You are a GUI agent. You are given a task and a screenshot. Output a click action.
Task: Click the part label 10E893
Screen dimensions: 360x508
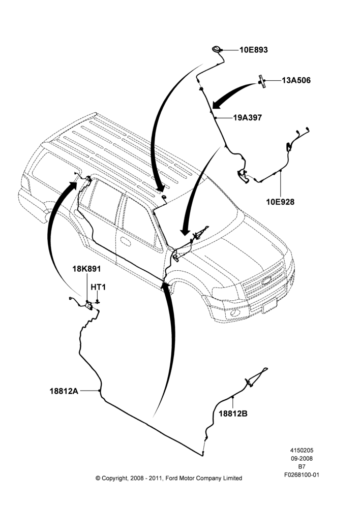254,50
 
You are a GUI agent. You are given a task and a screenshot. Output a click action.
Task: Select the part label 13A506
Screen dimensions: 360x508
296,80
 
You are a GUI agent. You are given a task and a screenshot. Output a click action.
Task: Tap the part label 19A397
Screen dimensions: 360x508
248,118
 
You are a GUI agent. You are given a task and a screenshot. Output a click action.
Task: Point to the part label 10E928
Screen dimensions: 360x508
280,202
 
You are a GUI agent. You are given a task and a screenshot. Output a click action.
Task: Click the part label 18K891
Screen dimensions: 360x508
86,269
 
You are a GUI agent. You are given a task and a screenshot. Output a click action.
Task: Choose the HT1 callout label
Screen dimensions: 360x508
98,287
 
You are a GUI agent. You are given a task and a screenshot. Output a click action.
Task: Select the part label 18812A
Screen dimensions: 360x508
64,391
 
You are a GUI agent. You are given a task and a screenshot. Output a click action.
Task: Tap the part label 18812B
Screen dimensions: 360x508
233,414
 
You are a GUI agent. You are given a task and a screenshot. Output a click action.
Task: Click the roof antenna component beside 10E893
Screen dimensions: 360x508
216,49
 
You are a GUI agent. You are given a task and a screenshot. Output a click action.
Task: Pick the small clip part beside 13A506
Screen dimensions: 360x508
261,81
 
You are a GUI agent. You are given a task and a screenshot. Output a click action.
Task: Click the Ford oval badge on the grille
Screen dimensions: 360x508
266,280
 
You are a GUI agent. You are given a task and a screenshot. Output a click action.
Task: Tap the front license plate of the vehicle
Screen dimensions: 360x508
269,306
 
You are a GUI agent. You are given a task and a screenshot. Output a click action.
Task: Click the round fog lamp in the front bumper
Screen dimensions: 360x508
235,313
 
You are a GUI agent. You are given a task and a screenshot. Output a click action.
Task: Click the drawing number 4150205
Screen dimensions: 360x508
302,450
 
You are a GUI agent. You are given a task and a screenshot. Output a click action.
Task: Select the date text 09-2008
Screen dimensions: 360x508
302,458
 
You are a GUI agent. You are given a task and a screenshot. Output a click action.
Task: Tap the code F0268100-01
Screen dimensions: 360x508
302,475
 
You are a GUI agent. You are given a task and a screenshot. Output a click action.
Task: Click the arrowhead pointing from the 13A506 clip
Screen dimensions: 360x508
217,104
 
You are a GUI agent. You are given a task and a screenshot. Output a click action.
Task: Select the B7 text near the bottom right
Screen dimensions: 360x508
302,467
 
